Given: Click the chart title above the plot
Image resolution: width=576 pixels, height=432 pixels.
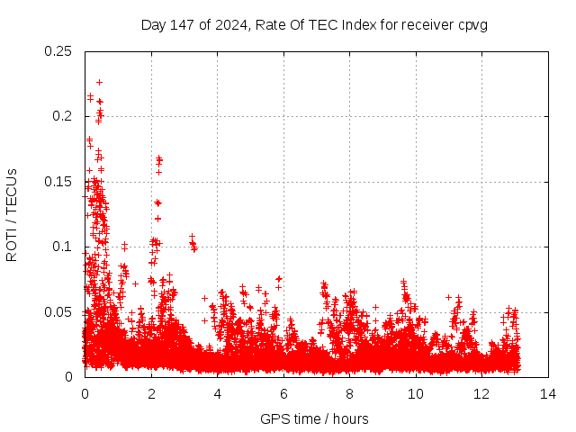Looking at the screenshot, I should click(314, 24).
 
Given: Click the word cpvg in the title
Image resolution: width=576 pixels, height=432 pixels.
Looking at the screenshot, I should click(472, 24).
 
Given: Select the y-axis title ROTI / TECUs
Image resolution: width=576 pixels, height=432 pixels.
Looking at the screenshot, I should click(12, 214).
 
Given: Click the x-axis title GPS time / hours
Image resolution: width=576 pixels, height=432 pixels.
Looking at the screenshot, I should click(314, 418).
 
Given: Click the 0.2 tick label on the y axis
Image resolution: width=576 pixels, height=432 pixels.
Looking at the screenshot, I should click(62, 116).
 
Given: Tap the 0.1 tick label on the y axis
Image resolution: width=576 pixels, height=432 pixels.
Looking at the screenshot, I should click(62, 247).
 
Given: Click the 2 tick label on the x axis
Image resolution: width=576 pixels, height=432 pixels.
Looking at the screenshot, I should click(151, 394).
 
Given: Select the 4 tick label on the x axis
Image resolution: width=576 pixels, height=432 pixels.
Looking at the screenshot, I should click(217, 394).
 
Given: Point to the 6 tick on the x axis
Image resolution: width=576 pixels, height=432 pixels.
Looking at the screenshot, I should click(283, 394).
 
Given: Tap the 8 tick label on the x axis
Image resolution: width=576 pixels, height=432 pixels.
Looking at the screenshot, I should click(349, 394).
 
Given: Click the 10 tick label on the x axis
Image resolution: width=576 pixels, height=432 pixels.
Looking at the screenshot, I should click(416, 394).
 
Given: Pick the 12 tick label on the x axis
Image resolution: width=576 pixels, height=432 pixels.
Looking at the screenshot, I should click(481, 394).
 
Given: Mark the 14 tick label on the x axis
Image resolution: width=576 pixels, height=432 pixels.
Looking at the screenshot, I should click(548, 394).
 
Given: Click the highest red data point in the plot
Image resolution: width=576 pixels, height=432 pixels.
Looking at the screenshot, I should click(99, 82).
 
